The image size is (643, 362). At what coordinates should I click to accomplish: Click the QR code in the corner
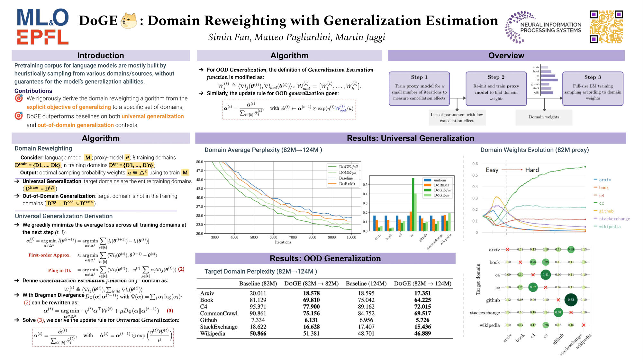point(606,27)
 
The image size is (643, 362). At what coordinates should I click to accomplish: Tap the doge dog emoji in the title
point(129,21)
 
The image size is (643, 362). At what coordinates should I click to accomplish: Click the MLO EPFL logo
point(43,27)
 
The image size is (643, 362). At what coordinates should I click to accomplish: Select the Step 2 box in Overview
point(496,88)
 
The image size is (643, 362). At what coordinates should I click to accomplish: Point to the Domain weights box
point(544,117)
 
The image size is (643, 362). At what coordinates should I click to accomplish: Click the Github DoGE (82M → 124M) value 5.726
point(422,320)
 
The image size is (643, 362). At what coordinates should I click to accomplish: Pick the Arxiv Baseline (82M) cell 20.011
point(258,293)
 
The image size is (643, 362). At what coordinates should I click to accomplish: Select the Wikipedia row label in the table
point(213,334)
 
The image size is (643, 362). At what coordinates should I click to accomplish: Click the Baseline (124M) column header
point(366,283)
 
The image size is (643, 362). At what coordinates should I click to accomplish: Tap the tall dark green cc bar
point(413,204)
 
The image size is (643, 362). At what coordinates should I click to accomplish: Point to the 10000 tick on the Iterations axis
point(351,237)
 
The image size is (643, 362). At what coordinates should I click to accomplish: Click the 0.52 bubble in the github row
point(571,300)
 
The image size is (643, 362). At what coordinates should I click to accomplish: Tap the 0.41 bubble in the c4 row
point(545,274)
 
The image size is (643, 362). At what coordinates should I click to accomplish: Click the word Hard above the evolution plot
point(532,170)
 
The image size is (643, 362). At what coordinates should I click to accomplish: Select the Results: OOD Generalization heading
point(325,258)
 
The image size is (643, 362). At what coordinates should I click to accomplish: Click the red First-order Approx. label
point(49,255)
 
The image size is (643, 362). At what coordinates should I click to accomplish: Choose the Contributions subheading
point(33,91)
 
